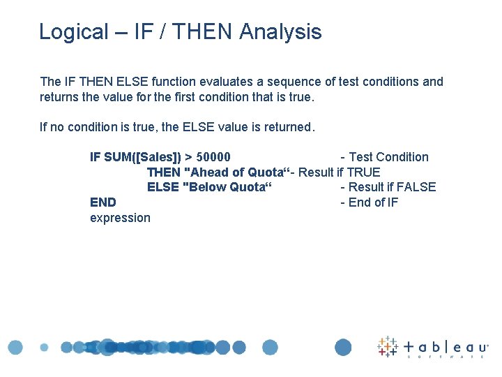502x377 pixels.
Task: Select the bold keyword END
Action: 103,202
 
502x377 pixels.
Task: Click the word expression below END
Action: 120,218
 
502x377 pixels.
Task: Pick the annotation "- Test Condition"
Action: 384,157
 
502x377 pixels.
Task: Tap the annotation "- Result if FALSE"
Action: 388,187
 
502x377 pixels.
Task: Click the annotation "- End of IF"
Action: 369,202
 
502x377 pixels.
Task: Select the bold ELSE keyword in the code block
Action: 162,187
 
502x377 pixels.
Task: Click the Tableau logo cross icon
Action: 388,347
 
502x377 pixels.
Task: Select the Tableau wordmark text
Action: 446,347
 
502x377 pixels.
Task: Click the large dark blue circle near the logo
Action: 343,347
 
